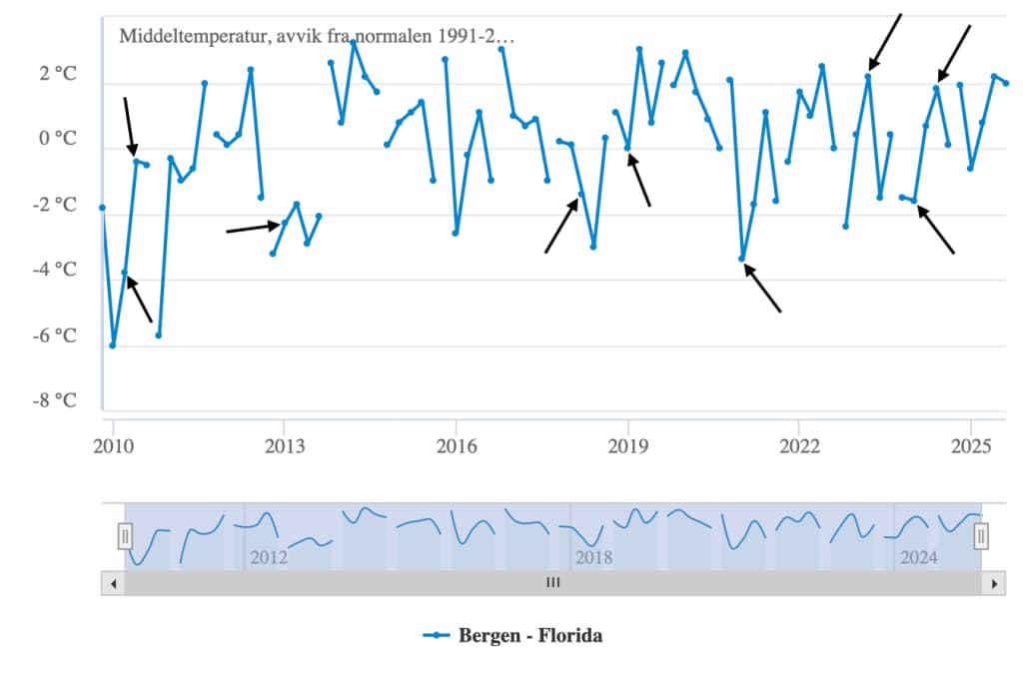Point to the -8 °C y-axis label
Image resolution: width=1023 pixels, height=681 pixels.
[56, 400]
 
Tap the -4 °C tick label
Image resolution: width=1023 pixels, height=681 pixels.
[56, 270]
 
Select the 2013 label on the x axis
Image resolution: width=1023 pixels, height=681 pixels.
[284, 444]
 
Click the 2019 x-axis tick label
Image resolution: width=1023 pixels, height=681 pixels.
[627, 444]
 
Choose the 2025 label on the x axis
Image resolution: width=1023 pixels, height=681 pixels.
[971, 444]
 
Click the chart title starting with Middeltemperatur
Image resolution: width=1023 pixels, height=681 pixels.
[317, 36]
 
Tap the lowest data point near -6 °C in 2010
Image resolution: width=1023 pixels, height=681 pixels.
[113, 345]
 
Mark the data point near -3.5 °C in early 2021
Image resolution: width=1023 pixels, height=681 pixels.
[742, 260]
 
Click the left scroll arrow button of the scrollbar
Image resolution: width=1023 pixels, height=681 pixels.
[113, 583]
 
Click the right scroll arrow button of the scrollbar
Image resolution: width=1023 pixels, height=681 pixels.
[992, 583]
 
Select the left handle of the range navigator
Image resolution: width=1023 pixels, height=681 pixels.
[125, 536]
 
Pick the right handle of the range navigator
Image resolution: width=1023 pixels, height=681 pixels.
[981, 536]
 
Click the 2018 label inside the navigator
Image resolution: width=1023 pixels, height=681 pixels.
[593, 557]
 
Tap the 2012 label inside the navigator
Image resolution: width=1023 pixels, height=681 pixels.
[269, 557]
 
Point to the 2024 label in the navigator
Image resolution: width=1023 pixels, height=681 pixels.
[918, 557]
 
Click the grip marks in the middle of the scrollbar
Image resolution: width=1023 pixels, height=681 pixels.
[552, 583]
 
